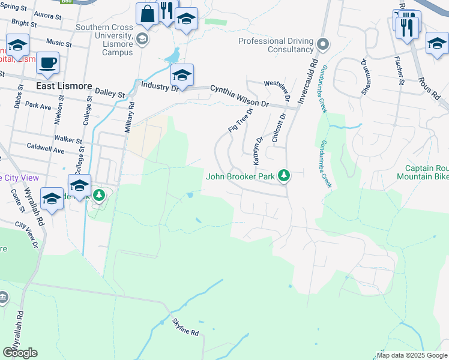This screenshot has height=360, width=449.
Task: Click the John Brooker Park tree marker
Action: pyautogui.click(x=285, y=176)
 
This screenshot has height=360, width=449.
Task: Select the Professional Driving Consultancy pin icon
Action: pyautogui.click(x=323, y=44)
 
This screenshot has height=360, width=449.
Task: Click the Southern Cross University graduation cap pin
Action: pyautogui.click(x=142, y=40)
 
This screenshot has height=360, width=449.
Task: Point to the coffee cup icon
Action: pyautogui.click(x=47, y=62)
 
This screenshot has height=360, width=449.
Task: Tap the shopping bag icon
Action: pyautogui.click(x=147, y=14)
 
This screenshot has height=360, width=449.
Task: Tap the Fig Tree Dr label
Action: pyautogui.click(x=240, y=120)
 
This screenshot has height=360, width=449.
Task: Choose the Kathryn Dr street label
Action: pyautogui.click(x=258, y=151)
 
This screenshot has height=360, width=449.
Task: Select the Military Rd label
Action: pyautogui.click(x=131, y=112)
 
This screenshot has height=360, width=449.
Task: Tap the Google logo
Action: pyautogui.click(x=20, y=353)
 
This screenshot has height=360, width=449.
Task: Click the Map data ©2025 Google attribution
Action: pyautogui.click(x=412, y=355)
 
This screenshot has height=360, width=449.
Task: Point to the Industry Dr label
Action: pyautogui.click(x=160, y=86)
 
